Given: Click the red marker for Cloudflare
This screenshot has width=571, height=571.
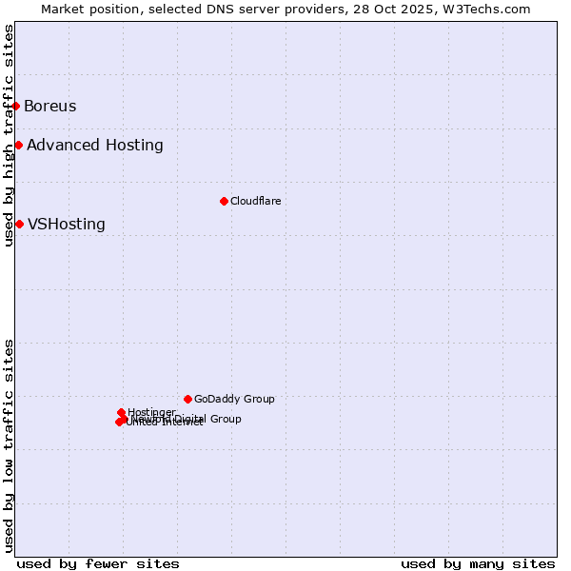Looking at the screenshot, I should click(224, 201).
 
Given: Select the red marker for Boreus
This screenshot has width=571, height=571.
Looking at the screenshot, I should click(16, 106).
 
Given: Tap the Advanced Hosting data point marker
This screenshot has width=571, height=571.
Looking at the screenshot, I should click(18, 145).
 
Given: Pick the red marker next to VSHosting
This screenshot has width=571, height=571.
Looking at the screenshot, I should click(19, 224).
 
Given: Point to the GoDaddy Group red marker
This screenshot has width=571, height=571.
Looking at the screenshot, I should click(187, 399).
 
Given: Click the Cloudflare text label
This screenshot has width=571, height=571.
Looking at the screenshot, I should click(255, 201).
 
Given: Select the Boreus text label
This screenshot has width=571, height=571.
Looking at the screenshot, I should click(49, 106).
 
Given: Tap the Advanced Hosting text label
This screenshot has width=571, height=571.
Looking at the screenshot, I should click(95, 145).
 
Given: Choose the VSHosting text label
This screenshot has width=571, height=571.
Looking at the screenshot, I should click(67, 225).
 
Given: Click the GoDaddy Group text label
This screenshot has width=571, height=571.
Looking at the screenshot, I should click(234, 399).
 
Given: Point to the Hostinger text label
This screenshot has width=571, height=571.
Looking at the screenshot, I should click(151, 412).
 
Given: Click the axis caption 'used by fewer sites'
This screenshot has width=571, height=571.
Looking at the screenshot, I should click(98, 563).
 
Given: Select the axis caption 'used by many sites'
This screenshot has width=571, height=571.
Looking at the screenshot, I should click(478, 563).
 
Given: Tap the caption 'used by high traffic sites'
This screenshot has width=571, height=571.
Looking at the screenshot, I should click(9, 135).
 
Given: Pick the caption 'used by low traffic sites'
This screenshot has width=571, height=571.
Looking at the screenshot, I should click(9, 444).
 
